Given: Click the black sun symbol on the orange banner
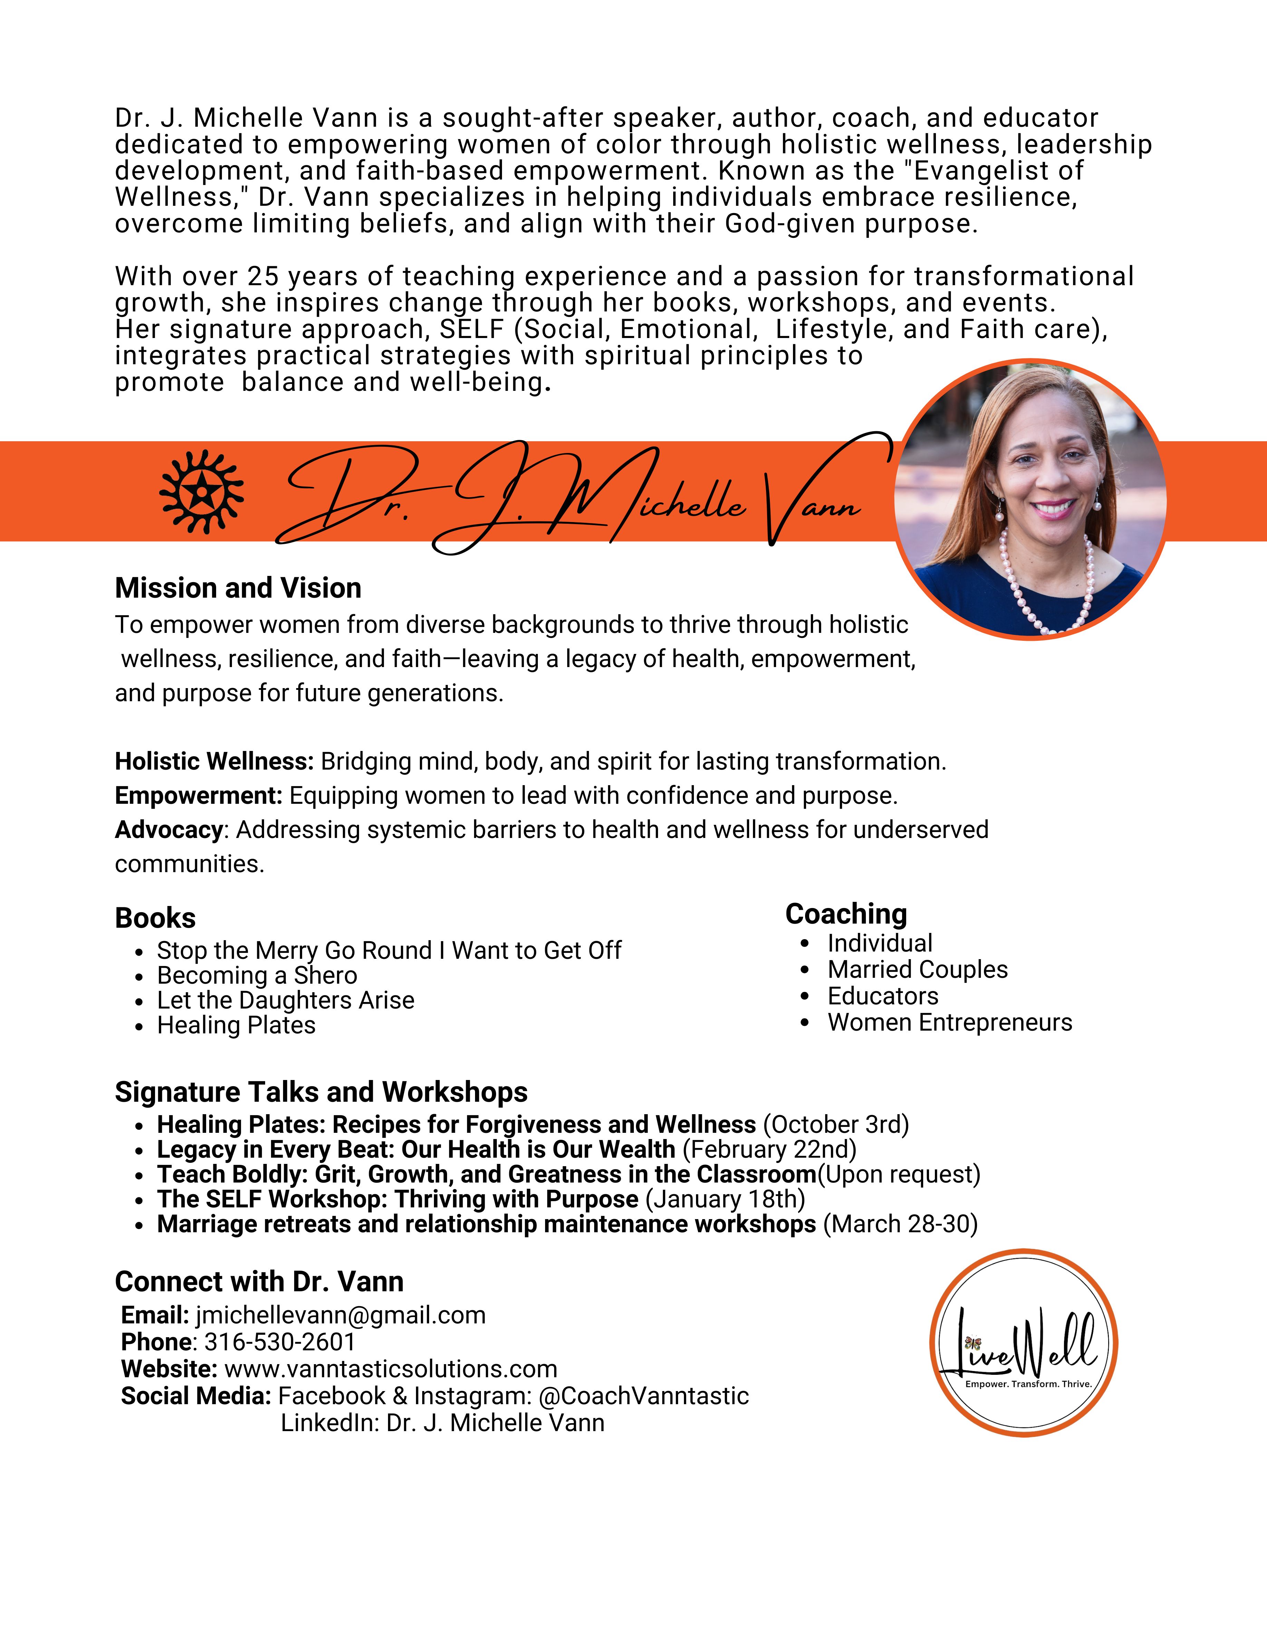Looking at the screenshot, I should pos(201,492).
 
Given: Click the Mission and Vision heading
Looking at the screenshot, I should pos(238,588).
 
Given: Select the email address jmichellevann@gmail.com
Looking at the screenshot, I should pos(340,1315).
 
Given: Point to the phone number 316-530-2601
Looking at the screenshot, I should pos(279,1342).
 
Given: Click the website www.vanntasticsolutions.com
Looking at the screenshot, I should pos(390,1369).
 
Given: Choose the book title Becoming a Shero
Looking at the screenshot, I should pos(257,975).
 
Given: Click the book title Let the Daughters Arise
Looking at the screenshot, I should pos(286,1000).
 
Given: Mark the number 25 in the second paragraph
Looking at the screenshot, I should pos(263,276).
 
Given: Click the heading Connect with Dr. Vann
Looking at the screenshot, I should pos(259,1281).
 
